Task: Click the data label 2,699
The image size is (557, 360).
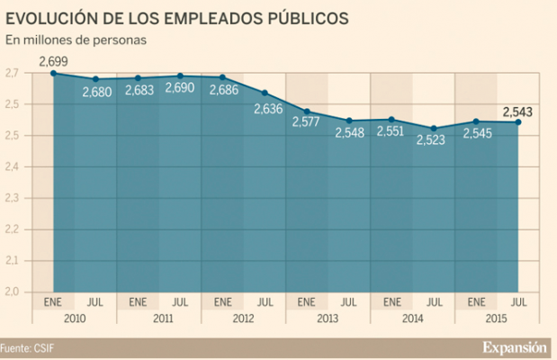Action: pyautogui.click(x=53, y=60)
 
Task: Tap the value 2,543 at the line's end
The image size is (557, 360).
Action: pyautogui.click(x=517, y=112)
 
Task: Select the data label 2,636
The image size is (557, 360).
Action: pyautogui.click(x=265, y=110)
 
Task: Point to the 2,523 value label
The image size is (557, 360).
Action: pyautogui.click(x=434, y=141)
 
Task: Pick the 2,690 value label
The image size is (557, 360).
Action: pyautogui.click(x=179, y=90)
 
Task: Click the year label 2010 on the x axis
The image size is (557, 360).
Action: pyautogui.click(x=74, y=317)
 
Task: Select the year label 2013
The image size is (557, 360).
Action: pyautogui.click(x=328, y=317)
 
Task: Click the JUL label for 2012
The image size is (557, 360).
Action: pyautogui.click(x=265, y=301)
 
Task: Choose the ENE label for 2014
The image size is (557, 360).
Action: pyautogui.click(x=391, y=301)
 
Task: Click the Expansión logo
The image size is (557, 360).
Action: pyautogui.click(x=514, y=346)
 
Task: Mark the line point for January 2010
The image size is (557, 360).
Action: pyautogui.click(x=53, y=73)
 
